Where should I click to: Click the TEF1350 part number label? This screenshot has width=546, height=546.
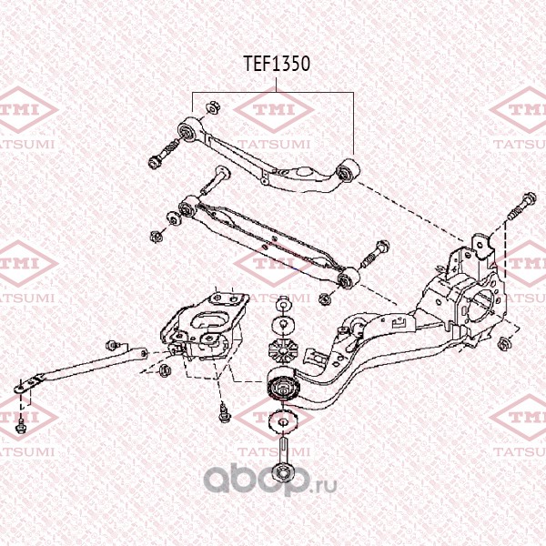(x=277, y=64)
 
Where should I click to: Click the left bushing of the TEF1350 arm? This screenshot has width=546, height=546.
(x=187, y=130)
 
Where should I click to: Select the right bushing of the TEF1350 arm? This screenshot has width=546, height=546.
(x=348, y=171)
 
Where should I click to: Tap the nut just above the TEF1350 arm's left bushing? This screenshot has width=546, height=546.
(x=211, y=107)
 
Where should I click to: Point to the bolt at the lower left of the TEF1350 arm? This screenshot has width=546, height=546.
(x=163, y=154)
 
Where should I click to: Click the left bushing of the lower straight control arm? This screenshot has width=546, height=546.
(x=187, y=207)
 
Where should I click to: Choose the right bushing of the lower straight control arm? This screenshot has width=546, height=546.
(x=349, y=278)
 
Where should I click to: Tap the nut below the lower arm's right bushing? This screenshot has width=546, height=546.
(x=325, y=298)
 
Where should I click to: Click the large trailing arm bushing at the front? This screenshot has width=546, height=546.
(x=284, y=387)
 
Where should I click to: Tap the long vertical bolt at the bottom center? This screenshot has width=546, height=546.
(x=282, y=460)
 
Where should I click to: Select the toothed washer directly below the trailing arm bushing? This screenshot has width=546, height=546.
(x=282, y=423)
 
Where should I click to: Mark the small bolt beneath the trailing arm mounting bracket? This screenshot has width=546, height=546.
(x=223, y=413)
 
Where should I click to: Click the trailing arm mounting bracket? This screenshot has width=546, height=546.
(x=206, y=328)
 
